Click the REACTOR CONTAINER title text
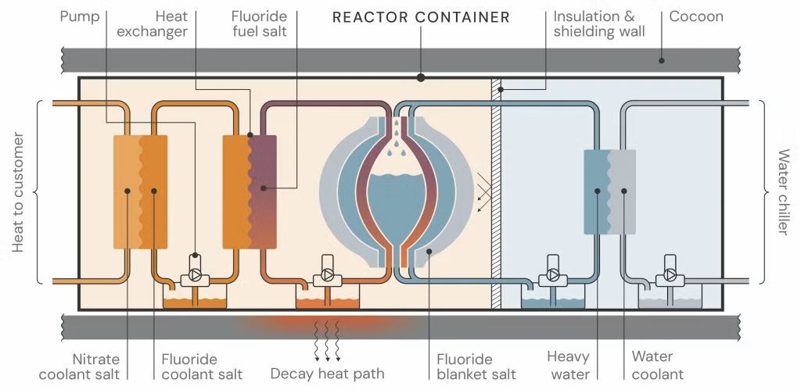(421, 16)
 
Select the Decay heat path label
(327, 374)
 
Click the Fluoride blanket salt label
(476, 367)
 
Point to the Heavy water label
(568, 366)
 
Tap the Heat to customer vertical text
(18, 192)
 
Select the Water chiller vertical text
(783, 192)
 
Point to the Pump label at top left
(79, 16)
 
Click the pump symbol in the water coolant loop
(670, 276)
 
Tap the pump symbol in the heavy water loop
(553, 276)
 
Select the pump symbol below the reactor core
(327, 276)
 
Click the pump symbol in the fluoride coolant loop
(195, 276)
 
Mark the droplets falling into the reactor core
(396, 134)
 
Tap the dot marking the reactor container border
(421, 77)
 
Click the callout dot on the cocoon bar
(661, 60)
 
